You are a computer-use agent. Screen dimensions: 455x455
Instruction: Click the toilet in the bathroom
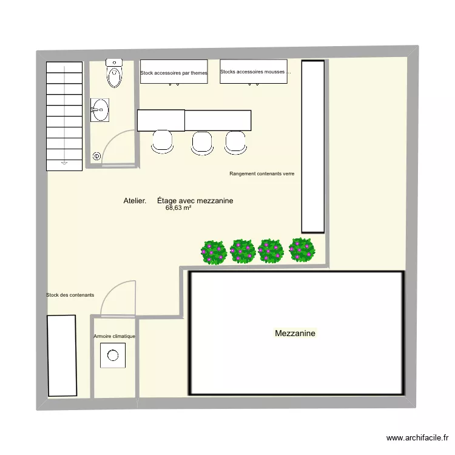coord(113,73)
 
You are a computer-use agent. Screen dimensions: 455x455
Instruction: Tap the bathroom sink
coord(100,110)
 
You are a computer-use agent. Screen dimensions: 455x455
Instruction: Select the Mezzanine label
coord(295,333)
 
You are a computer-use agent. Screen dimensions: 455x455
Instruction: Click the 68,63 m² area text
coord(178,207)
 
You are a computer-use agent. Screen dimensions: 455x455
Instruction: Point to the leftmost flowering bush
coord(214,252)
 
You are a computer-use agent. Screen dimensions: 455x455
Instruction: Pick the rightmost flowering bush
coord(302,249)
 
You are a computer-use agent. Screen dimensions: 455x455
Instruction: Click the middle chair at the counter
coord(202,141)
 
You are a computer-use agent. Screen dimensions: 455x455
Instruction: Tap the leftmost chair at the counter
coord(162,141)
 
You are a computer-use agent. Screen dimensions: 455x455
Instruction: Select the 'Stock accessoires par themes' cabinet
coord(174,72)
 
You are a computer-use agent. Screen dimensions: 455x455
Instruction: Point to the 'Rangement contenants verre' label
coord(262,174)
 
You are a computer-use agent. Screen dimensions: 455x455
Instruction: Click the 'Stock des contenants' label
coord(70,295)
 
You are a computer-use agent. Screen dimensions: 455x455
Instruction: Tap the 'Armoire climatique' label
coord(114,335)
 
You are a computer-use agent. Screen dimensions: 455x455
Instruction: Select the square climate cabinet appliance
coord(113,355)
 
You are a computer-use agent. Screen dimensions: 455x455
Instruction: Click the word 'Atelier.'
coord(134,201)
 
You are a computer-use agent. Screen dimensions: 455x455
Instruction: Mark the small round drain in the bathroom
coord(96,157)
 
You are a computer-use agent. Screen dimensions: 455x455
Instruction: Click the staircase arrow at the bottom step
coord(64,162)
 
